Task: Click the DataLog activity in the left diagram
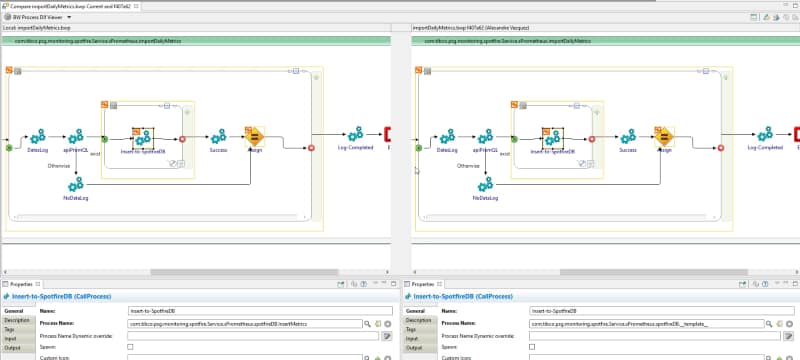(38, 136)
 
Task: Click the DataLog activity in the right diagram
(448, 136)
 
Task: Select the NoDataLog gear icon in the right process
(486, 183)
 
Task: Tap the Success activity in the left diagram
(217, 135)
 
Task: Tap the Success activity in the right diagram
(627, 135)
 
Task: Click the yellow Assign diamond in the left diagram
(254, 137)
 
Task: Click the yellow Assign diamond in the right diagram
(663, 137)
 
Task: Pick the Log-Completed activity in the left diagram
(355, 134)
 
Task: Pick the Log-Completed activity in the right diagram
(765, 134)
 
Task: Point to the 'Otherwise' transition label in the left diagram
(58, 166)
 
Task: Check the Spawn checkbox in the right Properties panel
(532, 346)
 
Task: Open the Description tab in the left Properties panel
(17, 320)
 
